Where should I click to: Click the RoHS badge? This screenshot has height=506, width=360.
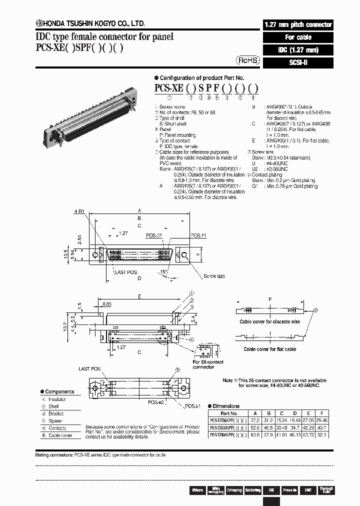click(248, 60)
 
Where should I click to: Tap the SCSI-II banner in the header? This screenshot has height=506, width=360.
click(297, 62)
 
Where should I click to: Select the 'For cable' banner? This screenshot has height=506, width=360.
click(297, 37)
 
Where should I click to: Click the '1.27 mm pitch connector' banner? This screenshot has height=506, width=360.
click(297, 24)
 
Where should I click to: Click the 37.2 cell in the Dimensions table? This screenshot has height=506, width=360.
click(255, 420)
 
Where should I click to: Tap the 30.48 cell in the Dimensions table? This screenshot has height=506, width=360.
click(281, 428)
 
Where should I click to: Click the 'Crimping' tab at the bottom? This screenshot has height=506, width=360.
click(234, 490)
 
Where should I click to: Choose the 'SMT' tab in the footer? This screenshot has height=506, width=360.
click(308, 490)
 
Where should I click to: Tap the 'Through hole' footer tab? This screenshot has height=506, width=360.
click(326, 490)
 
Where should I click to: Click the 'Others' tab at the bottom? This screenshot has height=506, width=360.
click(197, 490)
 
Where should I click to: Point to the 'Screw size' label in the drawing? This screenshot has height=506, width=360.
click(214, 276)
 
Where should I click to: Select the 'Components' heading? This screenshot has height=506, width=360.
click(59, 391)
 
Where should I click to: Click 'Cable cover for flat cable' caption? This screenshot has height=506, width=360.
click(269, 349)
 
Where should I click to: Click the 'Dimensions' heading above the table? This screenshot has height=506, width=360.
click(225, 406)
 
